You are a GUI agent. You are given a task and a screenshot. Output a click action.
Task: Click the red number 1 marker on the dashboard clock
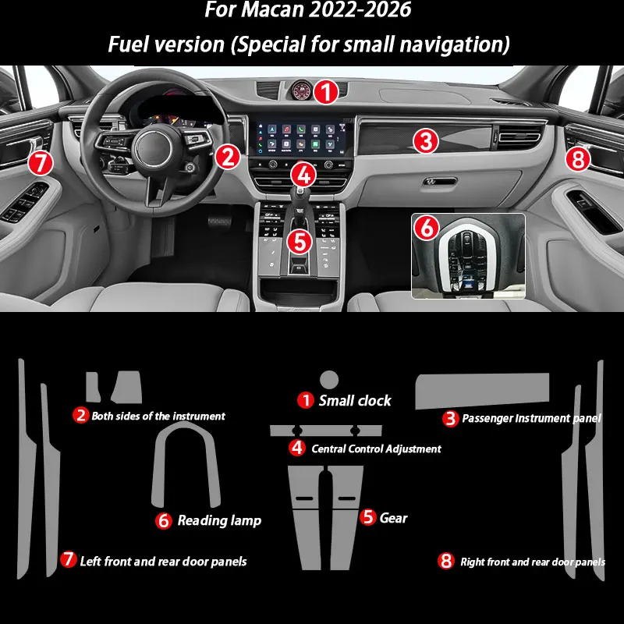[326, 92]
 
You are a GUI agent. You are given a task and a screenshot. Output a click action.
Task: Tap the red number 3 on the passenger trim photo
[424, 141]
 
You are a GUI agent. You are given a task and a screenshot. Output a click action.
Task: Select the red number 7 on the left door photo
[40, 163]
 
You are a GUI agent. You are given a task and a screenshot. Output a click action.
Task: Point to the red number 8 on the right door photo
[577, 159]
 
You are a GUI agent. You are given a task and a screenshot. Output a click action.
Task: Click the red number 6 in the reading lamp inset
[426, 227]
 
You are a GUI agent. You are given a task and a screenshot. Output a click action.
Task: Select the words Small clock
[355, 401]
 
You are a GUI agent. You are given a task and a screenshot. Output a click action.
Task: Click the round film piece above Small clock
[328, 380]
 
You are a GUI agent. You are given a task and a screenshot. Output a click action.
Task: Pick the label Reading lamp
[219, 520]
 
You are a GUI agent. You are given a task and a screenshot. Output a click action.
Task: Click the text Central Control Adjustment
[376, 448]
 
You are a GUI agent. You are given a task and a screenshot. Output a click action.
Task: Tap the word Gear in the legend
[393, 517]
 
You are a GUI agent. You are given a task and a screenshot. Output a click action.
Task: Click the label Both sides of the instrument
[158, 417]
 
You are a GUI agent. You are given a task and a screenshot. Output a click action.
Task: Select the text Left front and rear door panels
[164, 561]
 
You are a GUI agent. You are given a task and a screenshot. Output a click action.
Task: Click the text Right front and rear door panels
[533, 562]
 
